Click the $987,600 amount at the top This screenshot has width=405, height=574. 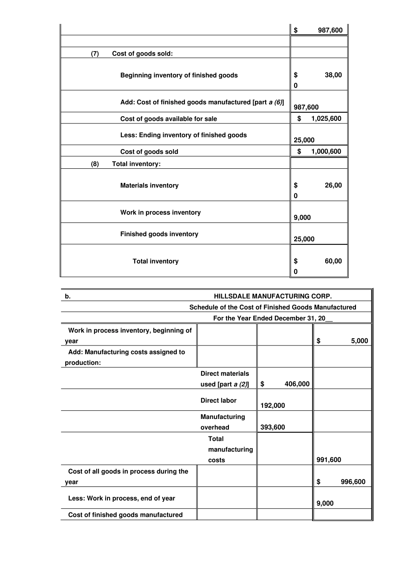[330, 30]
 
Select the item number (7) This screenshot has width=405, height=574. [95, 54]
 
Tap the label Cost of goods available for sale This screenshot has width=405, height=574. [168, 119]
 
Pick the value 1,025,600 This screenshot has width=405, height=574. [326, 119]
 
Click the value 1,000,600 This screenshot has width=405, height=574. [326, 152]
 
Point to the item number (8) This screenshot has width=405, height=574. [95, 164]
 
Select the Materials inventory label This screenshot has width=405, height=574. [149, 186]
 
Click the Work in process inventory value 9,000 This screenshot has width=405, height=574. [302, 217]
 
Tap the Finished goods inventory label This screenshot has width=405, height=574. [159, 234]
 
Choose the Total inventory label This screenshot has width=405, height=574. [155, 261]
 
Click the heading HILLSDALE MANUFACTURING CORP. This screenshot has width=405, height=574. [272, 296]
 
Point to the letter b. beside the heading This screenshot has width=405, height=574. [68, 296]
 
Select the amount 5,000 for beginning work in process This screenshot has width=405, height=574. [359, 341]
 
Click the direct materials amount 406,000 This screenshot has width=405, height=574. [297, 384]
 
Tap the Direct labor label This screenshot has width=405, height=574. [218, 401]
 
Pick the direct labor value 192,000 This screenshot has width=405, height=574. [272, 406]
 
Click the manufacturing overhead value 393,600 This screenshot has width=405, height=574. [272, 428]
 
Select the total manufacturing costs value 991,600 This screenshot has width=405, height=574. [329, 460]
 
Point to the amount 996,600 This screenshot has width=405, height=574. [353, 482]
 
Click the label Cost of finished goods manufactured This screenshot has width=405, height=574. [125, 515]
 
